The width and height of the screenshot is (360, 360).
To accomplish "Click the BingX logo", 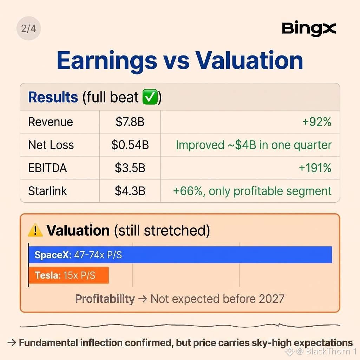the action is point(309,29).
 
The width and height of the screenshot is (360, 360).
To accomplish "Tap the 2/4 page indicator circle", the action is point(28,28).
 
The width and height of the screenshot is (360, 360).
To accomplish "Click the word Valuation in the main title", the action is point(249,60).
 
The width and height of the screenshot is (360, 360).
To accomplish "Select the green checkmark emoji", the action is point(150,97).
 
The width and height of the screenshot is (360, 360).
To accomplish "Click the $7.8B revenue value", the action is point(130,122).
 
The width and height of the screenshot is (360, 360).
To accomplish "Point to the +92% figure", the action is point(317,122).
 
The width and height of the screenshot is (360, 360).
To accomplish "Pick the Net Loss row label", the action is point(51,145).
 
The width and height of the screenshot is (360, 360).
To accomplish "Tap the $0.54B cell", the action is point(130,145).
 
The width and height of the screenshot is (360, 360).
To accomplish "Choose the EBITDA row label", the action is point(47,168).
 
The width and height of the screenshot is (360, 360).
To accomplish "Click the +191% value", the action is point(315,168).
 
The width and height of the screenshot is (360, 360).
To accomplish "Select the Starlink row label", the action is point(47,191).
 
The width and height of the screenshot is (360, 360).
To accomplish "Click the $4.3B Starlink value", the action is point(130,191).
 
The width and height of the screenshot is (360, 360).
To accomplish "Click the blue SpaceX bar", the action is point(180,255).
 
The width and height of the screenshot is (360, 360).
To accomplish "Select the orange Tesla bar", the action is point(68,275).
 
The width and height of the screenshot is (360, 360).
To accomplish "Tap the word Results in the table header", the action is point(53,97).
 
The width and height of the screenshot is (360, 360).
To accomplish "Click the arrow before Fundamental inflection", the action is point(12,343).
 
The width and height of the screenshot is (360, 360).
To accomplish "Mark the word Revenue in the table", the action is point(51,122).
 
